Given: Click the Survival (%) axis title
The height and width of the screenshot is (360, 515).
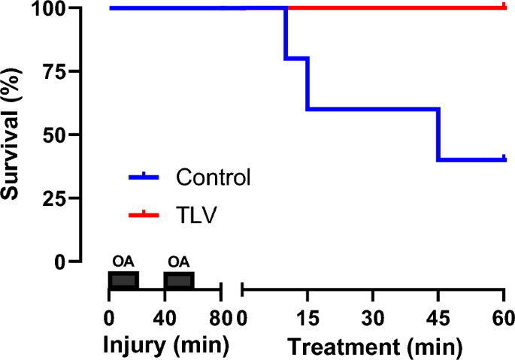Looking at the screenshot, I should (11, 135).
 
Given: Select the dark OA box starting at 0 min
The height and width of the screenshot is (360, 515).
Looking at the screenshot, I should (123, 280).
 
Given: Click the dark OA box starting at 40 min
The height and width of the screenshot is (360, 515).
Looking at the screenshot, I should (179, 280).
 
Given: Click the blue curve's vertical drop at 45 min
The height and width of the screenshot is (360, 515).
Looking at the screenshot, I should (438, 134).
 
